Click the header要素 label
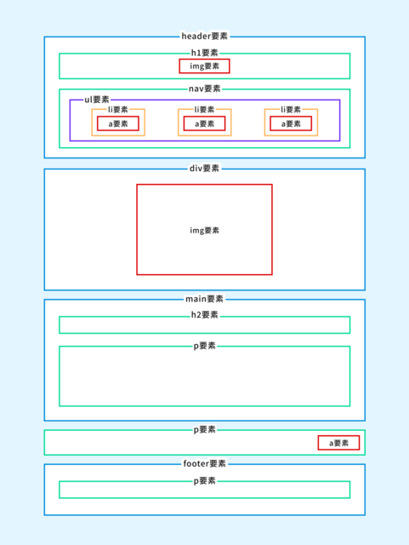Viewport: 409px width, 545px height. (x=204, y=36)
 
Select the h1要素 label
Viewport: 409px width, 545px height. (x=204, y=53)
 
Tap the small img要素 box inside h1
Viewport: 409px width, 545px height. (x=204, y=66)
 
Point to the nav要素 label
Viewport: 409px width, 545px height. (x=204, y=89)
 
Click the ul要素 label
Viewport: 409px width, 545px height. (x=97, y=100)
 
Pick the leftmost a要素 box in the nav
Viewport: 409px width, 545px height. (x=118, y=123)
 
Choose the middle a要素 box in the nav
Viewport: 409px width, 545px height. (x=204, y=123)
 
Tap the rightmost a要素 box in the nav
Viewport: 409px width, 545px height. (x=291, y=123)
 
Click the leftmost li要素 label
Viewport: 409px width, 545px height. (x=118, y=110)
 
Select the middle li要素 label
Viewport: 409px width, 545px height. (x=204, y=110)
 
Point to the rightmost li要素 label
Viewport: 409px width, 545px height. (x=291, y=110)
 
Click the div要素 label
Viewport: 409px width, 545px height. (x=204, y=169)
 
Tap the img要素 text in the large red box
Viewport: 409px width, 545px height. (x=204, y=231)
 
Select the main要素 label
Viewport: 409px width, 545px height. (x=204, y=299)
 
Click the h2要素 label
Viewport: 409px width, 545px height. (x=204, y=315)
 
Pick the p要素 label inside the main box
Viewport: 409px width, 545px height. (x=204, y=346)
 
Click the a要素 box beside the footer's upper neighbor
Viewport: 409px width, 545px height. (x=339, y=443)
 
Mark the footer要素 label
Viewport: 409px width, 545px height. (x=204, y=463)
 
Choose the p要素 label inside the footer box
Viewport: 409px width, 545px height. (x=204, y=481)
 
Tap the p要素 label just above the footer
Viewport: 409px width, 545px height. (x=204, y=429)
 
